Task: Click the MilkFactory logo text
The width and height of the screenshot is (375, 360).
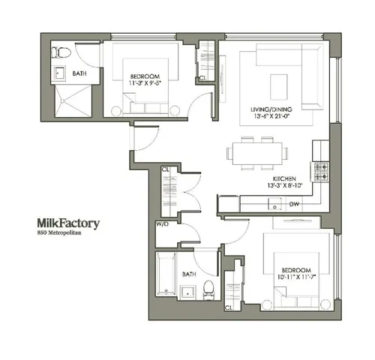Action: pyautogui.click(x=68, y=223)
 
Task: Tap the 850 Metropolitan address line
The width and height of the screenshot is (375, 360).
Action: pyautogui.click(x=60, y=234)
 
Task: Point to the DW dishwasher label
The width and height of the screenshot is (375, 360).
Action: pyautogui.click(x=294, y=204)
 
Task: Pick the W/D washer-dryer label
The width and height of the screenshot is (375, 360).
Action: pyautogui.click(x=161, y=223)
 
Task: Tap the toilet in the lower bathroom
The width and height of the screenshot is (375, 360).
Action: pyautogui.click(x=210, y=289)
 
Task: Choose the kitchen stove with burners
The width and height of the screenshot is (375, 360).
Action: pyautogui.click(x=321, y=170)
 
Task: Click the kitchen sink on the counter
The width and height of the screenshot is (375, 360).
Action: pyautogui.click(x=275, y=204)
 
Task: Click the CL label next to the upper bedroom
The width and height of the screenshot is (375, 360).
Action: pyautogui.click(x=202, y=77)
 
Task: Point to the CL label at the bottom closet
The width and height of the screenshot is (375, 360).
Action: pyautogui.click(x=227, y=307)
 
